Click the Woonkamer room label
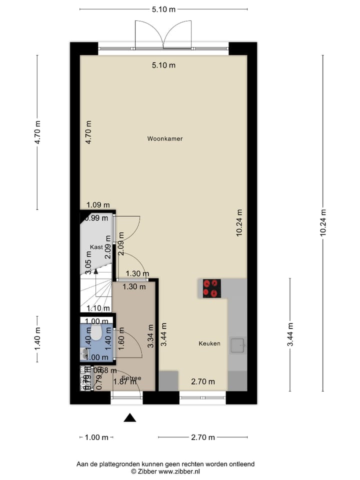click(x=164, y=138)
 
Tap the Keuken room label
click(x=209, y=343)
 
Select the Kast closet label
click(x=96, y=247)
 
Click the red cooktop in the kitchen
click(x=211, y=288)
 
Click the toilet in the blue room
click(x=95, y=331)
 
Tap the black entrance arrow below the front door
click(x=130, y=417)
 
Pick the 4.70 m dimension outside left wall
click(x=37, y=132)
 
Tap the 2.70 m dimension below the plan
click(x=202, y=437)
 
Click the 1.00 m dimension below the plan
click(x=96, y=437)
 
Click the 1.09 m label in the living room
click(x=97, y=204)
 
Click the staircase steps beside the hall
click(x=96, y=295)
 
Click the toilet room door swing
click(x=125, y=343)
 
